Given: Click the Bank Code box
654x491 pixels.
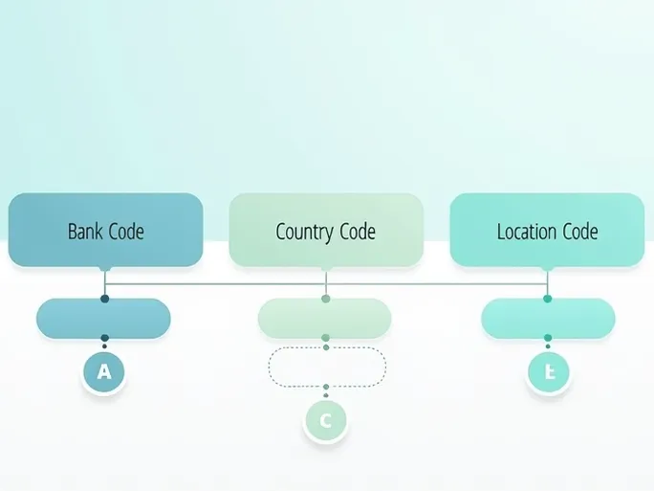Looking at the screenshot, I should (105, 230).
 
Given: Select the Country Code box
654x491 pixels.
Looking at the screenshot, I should (326, 230).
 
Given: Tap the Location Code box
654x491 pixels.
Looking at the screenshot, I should (547, 230).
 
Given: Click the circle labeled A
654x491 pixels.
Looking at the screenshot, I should (104, 372).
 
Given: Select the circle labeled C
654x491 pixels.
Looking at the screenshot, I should (326, 419).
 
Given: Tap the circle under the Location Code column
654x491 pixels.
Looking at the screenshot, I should (549, 372).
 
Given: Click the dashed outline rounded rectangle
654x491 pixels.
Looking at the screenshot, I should (327, 367).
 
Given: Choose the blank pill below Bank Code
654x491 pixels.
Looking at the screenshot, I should (103, 319).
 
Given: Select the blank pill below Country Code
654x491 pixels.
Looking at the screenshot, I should (325, 319).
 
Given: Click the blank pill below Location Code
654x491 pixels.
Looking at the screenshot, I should (548, 319).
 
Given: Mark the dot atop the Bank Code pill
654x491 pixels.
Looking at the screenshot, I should (104, 299).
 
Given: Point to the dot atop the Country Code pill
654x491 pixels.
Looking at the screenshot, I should (326, 299).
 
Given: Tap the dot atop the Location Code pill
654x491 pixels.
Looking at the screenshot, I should (548, 299).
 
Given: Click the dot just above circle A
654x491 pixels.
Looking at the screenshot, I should (104, 337).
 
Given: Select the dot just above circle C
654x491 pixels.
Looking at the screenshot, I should (326, 387).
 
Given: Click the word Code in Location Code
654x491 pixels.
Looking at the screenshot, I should (580, 232).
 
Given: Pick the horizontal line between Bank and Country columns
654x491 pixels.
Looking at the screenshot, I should (215, 283).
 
